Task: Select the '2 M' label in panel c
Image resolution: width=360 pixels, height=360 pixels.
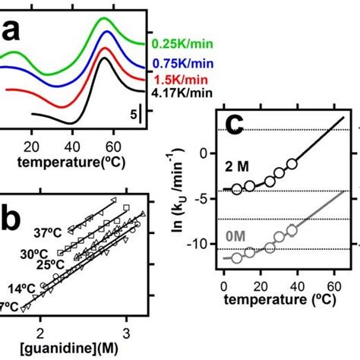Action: coord(236,166)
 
